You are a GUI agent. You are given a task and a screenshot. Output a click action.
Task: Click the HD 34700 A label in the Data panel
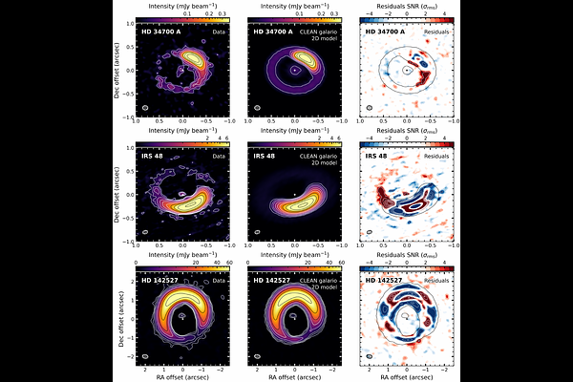click(x=160, y=32)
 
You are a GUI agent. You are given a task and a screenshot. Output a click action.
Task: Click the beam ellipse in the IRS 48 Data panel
click(x=145, y=232)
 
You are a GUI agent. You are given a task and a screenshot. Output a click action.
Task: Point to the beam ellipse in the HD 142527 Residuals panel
click(x=368, y=355)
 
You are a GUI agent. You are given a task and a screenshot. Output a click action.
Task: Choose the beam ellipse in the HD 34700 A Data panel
click(x=145, y=108)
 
